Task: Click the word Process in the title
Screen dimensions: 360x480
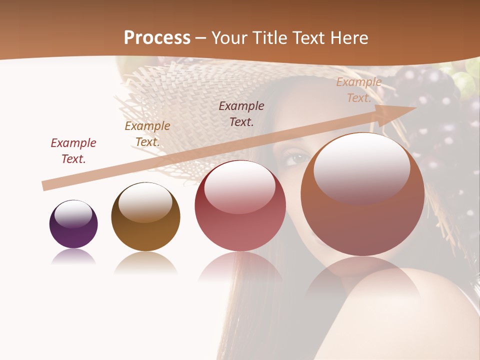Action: point(157,37)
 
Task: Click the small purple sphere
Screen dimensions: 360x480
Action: point(73,224)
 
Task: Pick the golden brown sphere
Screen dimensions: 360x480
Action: point(145,216)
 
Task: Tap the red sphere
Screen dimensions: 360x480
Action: point(240,205)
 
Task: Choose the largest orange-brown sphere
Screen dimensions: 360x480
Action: point(362,194)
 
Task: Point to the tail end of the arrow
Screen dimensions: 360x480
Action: point(45,185)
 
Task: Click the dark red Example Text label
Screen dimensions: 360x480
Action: point(73,150)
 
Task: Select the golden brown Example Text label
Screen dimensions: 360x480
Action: point(147,133)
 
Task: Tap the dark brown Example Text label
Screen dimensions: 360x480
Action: point(241,113)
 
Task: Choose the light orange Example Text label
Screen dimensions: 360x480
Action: point(359,90)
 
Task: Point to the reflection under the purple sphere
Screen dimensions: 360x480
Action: point(73,257)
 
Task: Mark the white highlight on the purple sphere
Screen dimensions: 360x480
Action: point(73,214)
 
